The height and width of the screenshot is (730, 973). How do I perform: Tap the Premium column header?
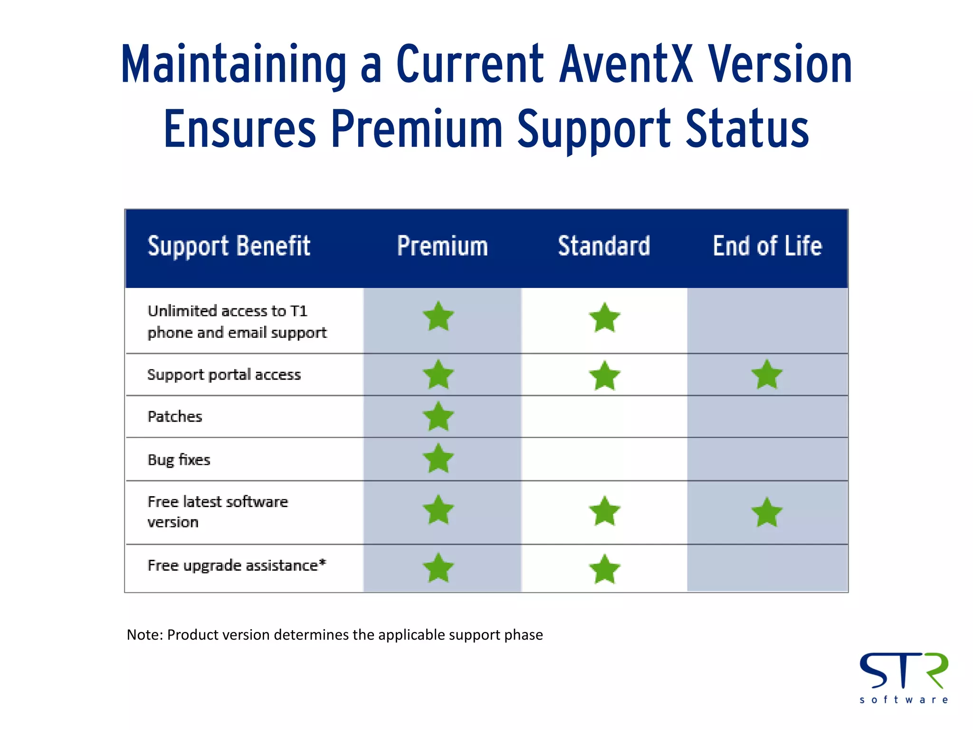(x=442, y=246)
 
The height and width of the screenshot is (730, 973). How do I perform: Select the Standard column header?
(x=604, y=246)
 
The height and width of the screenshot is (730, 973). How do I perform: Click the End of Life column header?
(x=767, y=246)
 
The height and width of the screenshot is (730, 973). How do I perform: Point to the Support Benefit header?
(x=229, y=246)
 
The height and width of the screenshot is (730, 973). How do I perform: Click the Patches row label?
(x=175, y=417)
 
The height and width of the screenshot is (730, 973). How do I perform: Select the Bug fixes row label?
(x=179, y=460)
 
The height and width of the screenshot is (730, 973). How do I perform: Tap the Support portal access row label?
(x=224, y=375)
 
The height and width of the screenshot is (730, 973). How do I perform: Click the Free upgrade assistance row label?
(x=237, y=566)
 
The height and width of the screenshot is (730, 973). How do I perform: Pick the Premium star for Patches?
(x=438, y=417)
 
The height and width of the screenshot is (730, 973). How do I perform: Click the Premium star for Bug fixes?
(x=438, y=459)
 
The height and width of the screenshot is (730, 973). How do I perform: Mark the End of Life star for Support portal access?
(x=767, y=375)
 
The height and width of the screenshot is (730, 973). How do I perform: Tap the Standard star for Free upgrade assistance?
(x=604, y=569)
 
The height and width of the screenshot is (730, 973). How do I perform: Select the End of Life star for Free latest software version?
(x=767, y=512)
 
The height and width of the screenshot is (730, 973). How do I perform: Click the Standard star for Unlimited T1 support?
(x=604, y=317)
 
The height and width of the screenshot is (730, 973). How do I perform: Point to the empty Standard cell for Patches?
(x=604, y=417)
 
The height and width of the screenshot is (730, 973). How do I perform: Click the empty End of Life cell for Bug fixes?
(x=767, y=459)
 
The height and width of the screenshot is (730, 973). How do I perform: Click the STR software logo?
(x=904, y=677)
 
